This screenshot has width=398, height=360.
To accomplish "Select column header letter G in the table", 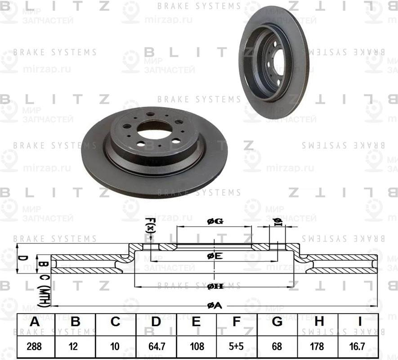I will pos(277,322).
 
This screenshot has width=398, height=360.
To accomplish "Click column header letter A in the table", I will pos(35,322).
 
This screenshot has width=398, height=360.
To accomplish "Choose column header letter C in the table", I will pos(116,322).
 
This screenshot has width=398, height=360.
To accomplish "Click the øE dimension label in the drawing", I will pos(215,256).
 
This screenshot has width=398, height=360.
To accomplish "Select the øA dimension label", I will pos(215,306).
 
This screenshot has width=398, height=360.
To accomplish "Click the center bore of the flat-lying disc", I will pos(152,130).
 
